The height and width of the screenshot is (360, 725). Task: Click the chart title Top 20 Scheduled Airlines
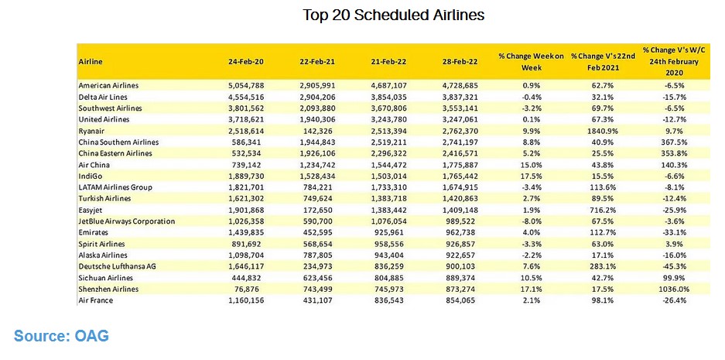tap(394, 15)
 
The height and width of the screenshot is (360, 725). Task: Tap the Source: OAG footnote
tap(61, 335)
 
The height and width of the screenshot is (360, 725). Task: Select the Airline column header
tap(91, 61)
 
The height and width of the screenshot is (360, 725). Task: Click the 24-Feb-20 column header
tap(246, 61)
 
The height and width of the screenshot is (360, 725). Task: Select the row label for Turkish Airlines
tap(104, 198)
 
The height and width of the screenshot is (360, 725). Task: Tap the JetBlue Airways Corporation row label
tap(127, 221)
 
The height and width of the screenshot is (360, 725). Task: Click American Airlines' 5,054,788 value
tap(246, 86)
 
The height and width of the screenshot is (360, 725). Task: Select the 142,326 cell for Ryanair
tap(318, 131)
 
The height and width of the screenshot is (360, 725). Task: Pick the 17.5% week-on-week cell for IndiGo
tap(532, 176)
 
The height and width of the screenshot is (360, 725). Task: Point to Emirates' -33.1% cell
tap(675, 232)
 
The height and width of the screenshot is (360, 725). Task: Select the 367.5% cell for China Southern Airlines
tap(675, 142)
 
